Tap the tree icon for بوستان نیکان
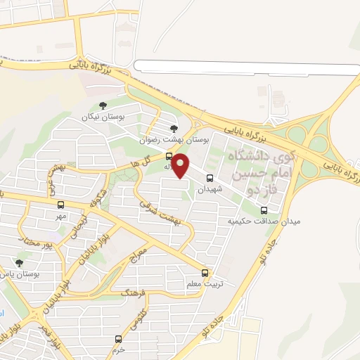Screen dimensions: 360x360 103,106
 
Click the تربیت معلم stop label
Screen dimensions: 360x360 205,283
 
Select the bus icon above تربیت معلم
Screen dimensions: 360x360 205,271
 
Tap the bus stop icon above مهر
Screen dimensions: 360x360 61,205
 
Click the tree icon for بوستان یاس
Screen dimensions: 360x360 19,263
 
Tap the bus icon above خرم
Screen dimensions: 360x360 118,338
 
